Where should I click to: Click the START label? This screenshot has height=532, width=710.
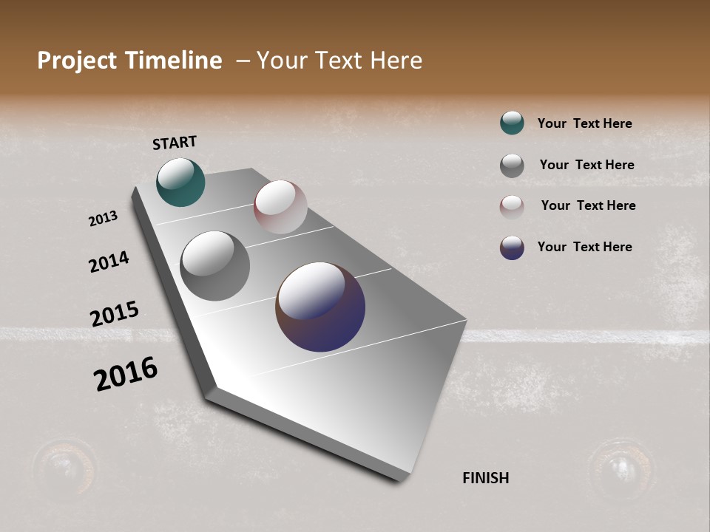(x=175, y=143)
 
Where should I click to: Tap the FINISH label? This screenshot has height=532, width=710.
(x=485, y=478)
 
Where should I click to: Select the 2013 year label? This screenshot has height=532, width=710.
(x=103, y=219)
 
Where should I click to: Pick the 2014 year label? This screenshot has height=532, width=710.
(x=109, y=262)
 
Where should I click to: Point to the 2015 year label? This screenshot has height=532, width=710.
(x=114, y=314)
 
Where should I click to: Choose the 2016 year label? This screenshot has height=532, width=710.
(x=126, y=374)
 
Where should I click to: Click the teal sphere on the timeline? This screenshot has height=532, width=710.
(x=180, y=182)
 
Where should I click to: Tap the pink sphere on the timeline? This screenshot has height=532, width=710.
(x=280, y=207)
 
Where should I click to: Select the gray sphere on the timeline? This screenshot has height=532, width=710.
(x=214, y=266)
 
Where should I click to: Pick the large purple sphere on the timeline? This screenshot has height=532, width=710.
(x=320, y=307)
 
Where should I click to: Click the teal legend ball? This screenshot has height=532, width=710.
(x=512, y=123)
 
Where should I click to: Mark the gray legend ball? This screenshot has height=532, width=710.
(x=512, y=166)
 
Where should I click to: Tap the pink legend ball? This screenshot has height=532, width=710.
(x=512, y=207)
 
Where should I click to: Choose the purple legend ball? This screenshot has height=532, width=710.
(x=512, y=248)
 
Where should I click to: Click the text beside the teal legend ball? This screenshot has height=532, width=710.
(x=584, y=123)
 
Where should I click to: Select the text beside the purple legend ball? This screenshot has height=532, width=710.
(x=584, y=247)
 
